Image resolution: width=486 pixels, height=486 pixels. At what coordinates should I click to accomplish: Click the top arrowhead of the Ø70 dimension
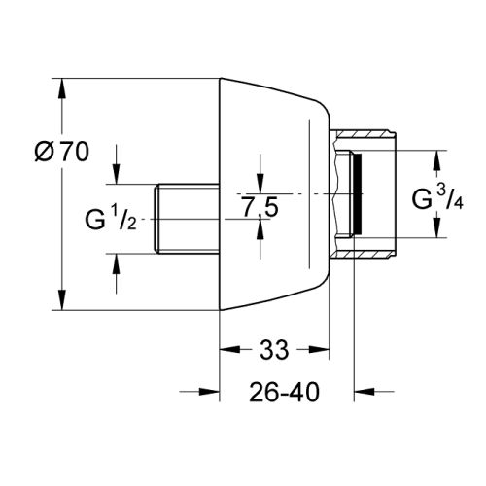pos(64,85)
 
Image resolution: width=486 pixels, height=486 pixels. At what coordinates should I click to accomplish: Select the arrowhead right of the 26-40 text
pos(362,393)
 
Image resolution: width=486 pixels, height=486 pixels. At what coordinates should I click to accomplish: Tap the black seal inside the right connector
pos(358,194)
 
